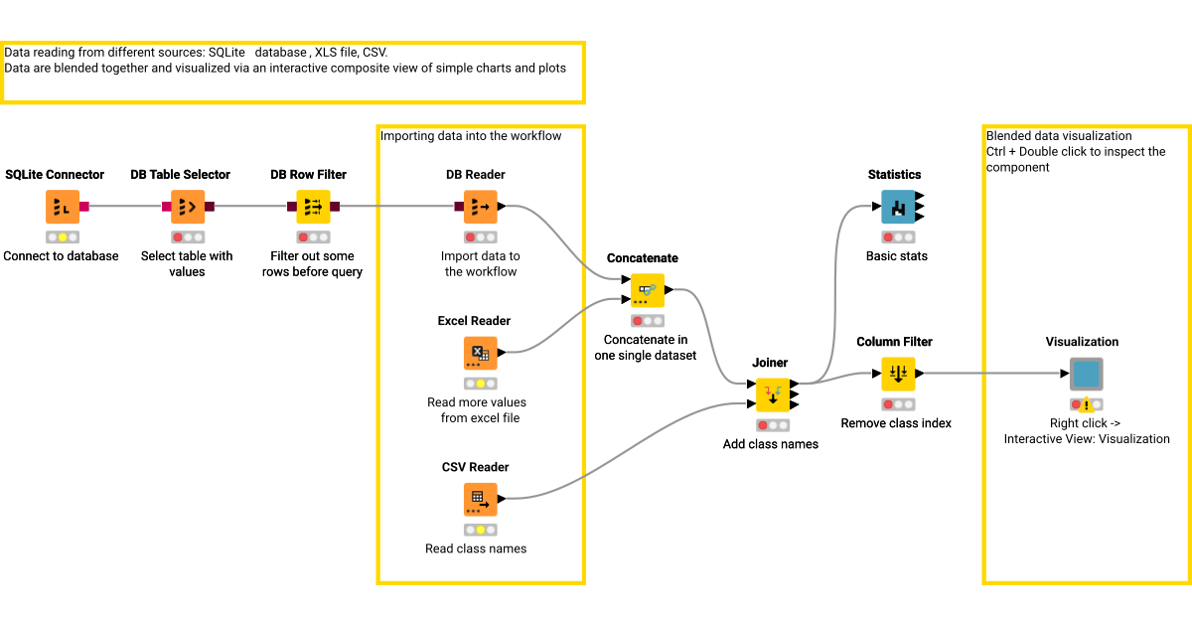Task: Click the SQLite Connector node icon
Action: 62,207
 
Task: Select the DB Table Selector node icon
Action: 187,207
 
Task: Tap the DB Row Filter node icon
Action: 313,207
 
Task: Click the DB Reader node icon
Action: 480,207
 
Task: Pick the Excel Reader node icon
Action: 480,353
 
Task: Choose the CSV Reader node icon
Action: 480,499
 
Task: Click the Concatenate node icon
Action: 648,290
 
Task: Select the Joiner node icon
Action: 773,394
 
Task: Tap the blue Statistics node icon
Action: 898,207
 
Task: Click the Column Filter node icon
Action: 898,374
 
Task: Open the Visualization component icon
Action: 1086,374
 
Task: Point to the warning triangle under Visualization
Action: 1088,405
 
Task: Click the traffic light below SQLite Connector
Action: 62,237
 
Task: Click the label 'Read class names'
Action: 476,548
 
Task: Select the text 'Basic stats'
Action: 897,256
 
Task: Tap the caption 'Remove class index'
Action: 896,423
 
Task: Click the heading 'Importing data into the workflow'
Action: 471,136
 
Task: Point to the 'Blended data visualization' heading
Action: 1059,136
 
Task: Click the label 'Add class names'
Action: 771,444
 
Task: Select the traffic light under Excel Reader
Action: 480,384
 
